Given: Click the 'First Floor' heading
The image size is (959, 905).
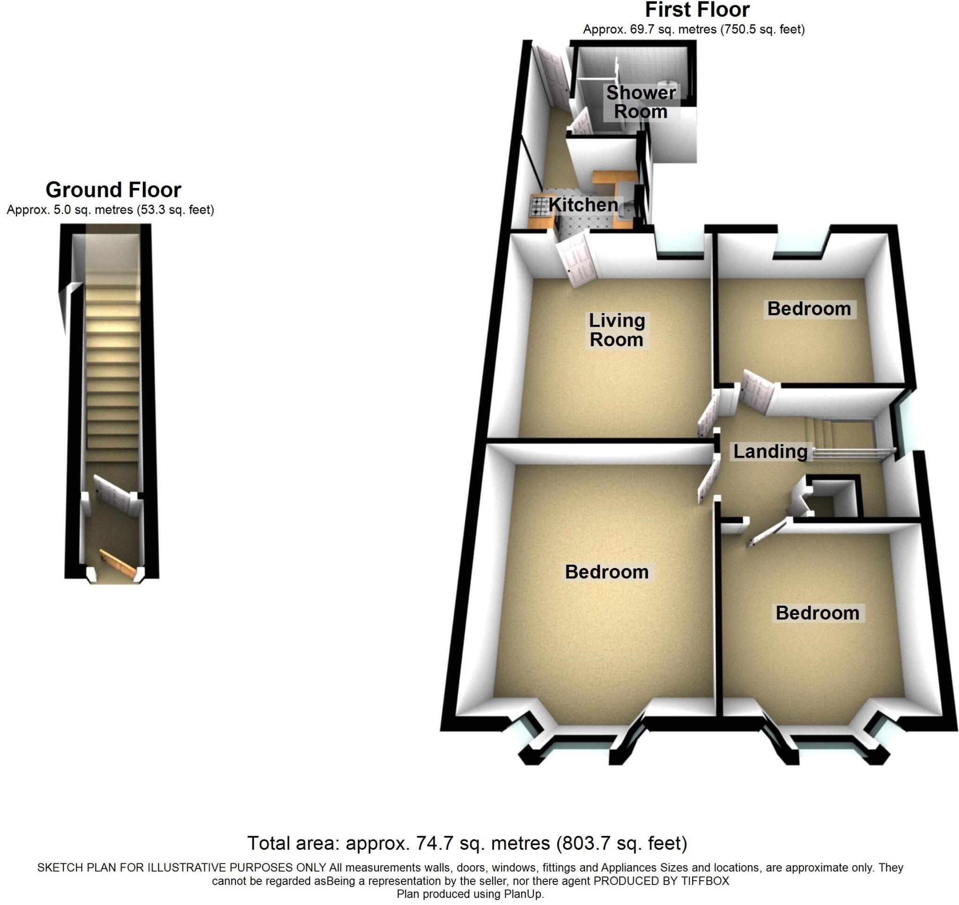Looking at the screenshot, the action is [697, 10].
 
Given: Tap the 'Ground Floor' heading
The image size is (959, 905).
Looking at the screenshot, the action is [113, 190].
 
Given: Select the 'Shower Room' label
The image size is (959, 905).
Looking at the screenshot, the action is [641, 102].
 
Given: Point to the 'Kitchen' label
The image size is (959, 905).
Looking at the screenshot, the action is [583, 204].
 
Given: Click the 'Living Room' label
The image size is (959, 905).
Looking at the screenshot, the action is [616, 330].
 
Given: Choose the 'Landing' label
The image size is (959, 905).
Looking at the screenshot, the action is [770, 452].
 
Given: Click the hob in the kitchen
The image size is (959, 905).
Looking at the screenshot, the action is [537, 206].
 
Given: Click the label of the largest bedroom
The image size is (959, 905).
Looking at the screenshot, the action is [607, 572].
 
